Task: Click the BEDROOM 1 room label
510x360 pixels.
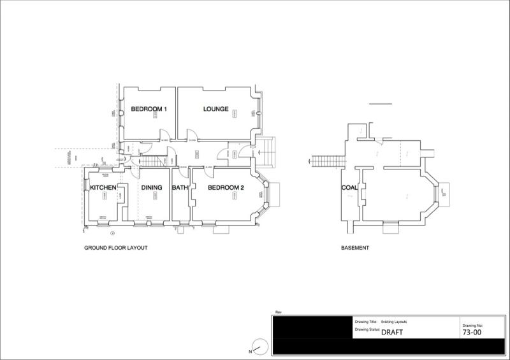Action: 149,110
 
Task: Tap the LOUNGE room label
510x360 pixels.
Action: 216,110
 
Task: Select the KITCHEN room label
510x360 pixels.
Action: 103,188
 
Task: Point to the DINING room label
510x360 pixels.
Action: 152,188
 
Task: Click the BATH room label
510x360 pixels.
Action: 180,188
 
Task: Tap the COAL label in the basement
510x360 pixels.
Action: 349,188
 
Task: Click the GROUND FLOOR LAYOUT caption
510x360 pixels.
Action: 116,248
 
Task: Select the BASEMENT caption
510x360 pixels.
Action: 355,248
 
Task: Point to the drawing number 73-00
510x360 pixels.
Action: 472,333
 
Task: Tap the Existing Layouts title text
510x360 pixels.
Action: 394,322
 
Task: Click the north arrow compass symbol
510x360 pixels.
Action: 259,347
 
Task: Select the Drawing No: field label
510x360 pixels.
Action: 473,325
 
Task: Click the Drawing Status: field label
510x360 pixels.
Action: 367,330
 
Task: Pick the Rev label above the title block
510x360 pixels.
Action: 278,312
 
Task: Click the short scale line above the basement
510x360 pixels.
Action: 381,103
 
